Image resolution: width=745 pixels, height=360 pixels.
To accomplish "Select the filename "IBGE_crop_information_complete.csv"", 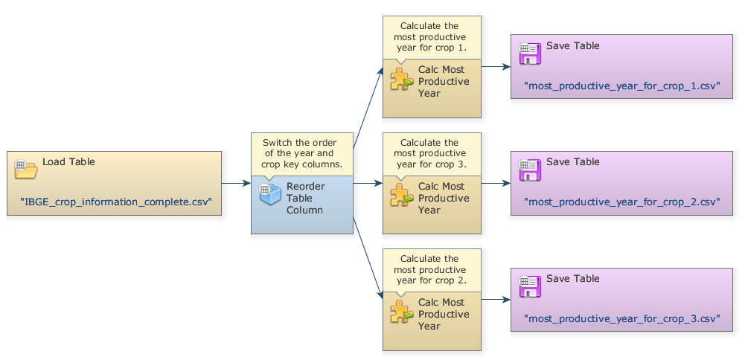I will click(x=116, y=201).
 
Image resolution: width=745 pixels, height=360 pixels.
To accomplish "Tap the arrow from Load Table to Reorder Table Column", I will click(x=236, y=182).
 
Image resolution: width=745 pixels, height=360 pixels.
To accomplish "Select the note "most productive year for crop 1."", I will click(x=431, y=37).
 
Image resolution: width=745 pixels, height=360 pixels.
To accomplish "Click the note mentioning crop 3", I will click(x=431, y=153).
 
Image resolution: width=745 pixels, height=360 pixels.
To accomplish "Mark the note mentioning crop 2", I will click(x=431, y=269).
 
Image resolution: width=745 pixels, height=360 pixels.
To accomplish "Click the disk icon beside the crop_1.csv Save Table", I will click(x=529, y=54).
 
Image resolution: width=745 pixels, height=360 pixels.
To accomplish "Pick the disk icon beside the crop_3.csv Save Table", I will click(x=529, y=286).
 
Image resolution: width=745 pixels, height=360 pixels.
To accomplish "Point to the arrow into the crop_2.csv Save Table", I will click(x=496, y=182).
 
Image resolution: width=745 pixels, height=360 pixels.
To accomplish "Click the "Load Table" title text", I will click(x=68, y=161).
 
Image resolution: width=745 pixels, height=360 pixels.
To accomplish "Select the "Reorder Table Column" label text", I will click(x=304, y=198).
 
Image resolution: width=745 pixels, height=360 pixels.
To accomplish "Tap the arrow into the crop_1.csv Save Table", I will click(x=496, y=66).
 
